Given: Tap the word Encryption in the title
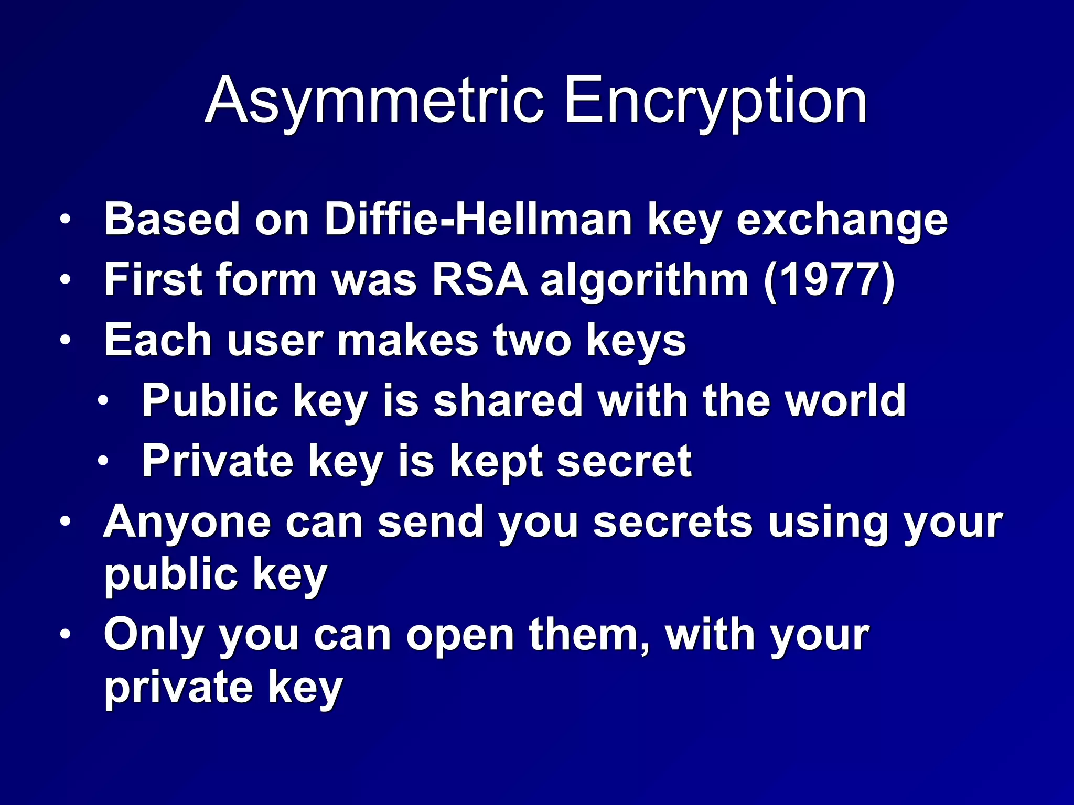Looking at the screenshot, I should (715, 101).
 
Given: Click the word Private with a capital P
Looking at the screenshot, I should (218, 461).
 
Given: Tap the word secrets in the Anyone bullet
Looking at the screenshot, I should (673, 522).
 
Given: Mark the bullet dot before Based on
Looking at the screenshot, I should (65, 220).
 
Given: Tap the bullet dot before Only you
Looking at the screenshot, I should (65, 635).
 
